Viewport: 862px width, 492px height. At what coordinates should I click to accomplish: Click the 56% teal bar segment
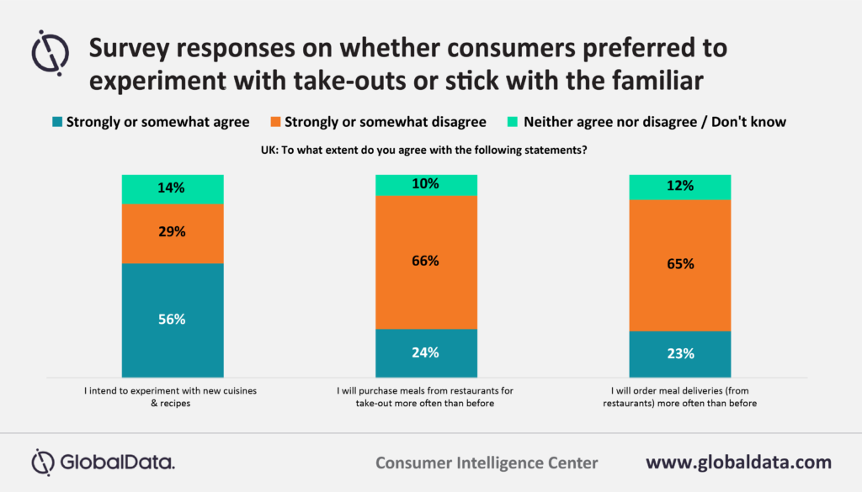(173, 320)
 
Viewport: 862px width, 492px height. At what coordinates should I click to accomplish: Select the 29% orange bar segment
(173, 233)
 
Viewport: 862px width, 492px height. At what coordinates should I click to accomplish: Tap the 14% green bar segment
(173, 189)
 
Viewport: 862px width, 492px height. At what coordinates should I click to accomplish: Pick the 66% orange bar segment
(426, 262)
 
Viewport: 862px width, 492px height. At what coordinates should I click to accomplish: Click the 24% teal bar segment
(426, 352)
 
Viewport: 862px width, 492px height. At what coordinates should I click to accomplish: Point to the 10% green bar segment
(426, 184)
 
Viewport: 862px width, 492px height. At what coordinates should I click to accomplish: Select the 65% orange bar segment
(679, 265)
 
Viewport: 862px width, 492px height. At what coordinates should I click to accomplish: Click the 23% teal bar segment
(679, 353)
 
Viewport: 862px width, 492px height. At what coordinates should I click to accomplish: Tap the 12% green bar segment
(679, 187)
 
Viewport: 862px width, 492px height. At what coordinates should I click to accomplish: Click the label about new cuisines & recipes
(173, 397)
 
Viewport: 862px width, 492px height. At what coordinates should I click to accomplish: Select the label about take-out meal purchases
(426, 397)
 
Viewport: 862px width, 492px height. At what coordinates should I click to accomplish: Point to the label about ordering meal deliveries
(679, 397)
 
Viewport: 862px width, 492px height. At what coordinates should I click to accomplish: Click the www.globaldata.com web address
(738, 462)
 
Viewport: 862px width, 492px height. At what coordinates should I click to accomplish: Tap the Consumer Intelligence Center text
(487, 463)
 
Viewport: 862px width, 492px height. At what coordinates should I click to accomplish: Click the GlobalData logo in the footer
(103, 462)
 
